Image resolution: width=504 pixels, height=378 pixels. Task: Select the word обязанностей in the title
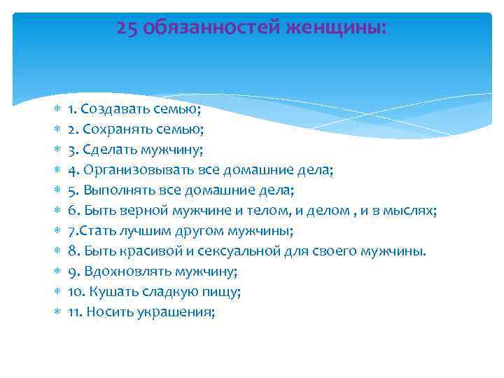[211, 27]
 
